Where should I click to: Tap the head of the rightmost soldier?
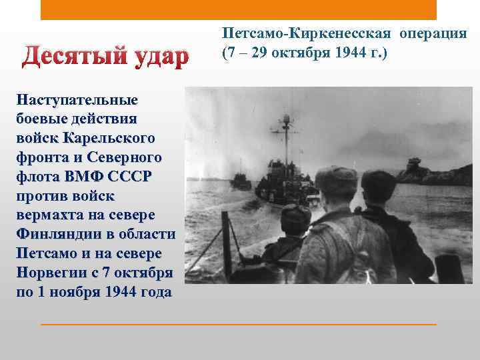click(x=380, y=185)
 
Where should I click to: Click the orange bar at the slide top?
click(x=239, y=10)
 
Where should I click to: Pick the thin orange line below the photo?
click(x=239, y=324)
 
